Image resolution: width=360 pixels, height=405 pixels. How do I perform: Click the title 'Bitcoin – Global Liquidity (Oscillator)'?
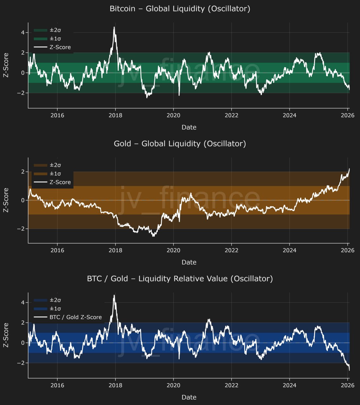point(180,9)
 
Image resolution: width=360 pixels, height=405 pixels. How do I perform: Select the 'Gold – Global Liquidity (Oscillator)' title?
point(180,144)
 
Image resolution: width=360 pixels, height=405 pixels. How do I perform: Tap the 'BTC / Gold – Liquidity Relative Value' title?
point(180,279)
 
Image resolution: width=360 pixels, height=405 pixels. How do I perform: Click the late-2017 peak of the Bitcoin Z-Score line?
point(114,27)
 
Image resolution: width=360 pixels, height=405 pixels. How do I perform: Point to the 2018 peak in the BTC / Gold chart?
point(114,296)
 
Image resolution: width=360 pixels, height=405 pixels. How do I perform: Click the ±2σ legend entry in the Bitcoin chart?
point(55,30)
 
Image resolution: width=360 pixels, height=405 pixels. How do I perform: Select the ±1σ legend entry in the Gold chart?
point(55,173)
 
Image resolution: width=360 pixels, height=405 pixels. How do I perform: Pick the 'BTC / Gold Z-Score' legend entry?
point(76,317)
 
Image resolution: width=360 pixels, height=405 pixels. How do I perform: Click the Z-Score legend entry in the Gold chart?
point(60,182)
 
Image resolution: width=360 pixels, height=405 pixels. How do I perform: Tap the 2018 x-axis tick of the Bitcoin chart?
point(115,115)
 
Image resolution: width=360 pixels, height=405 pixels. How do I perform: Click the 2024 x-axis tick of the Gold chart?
point(289,250)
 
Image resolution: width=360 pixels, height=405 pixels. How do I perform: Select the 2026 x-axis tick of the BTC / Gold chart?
point(347,385)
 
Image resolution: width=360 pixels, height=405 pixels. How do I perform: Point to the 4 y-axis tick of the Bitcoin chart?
point(22,32)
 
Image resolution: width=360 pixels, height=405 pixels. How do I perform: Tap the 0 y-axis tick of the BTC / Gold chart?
point(22,343)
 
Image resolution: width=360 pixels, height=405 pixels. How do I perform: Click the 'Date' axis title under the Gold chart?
point(189,262)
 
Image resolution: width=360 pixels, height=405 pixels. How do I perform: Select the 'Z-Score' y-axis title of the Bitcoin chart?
point(6,65)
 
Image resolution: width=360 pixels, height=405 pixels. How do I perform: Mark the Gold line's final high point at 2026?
point(349,169)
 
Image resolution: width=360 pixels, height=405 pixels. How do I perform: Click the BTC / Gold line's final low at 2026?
point(349,370)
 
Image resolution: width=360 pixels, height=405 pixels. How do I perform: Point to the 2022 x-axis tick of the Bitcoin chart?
point(231,115)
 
